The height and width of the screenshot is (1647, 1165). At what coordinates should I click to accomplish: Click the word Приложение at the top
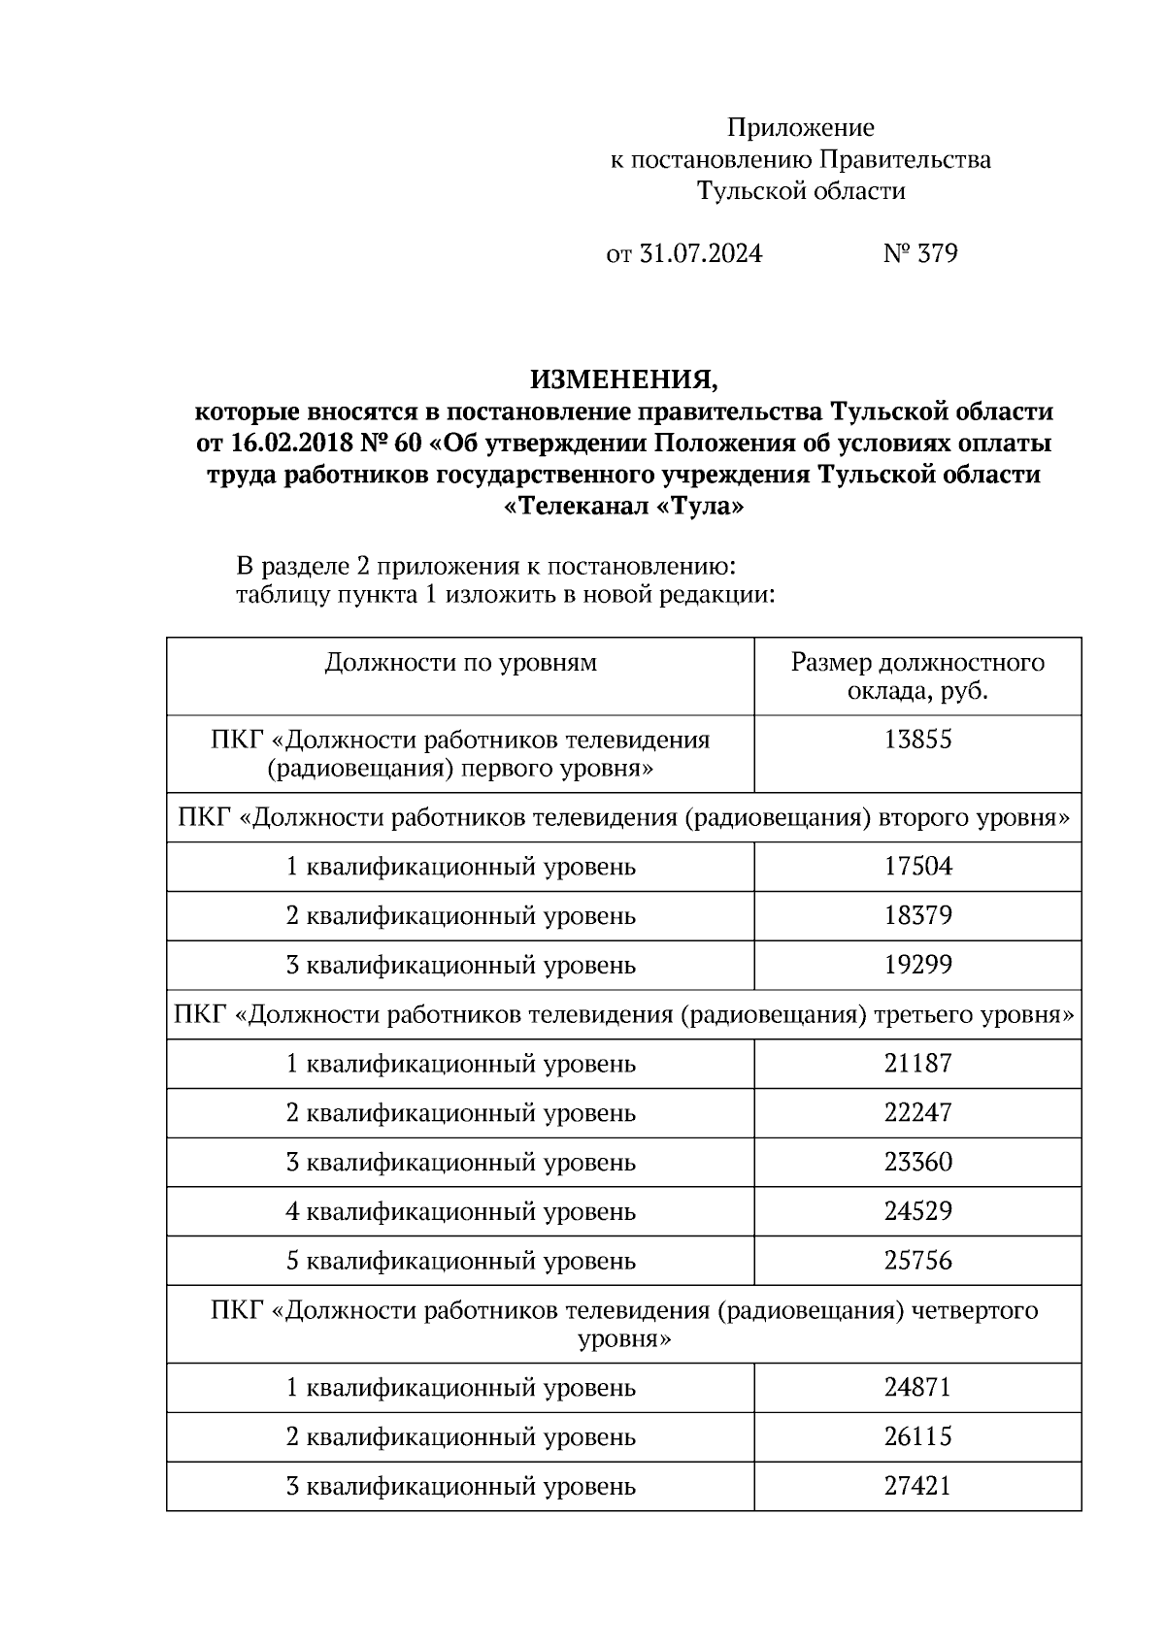point(801,128)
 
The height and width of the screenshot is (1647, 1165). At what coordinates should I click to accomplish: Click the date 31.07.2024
point(701,254)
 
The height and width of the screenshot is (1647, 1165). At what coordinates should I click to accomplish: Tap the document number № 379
point(920,254)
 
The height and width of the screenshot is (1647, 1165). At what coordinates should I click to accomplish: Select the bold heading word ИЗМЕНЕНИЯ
point(623,379)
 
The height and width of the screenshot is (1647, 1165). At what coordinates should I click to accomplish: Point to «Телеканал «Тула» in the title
point(624,507)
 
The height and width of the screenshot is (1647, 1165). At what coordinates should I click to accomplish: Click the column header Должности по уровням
point(460,663)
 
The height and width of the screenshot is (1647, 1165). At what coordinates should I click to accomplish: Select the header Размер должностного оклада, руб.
point(917,676)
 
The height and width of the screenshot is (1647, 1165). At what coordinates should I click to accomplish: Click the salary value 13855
point(917,741)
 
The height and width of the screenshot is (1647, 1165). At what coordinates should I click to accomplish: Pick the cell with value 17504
point(917,867)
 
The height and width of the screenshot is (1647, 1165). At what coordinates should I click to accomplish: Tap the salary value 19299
point(917,966)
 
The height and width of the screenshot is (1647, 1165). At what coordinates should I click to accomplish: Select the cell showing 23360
point(917,1163)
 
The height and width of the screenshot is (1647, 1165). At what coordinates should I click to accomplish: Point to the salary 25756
point(917,1262)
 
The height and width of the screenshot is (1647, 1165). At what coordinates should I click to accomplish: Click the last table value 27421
point(917,1487)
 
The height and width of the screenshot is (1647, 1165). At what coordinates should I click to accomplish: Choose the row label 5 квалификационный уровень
point(460,1262)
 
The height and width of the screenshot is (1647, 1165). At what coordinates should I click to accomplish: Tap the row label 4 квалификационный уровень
point(460,1212)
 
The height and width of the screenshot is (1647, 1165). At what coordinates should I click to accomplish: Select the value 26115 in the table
point(917,1437)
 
